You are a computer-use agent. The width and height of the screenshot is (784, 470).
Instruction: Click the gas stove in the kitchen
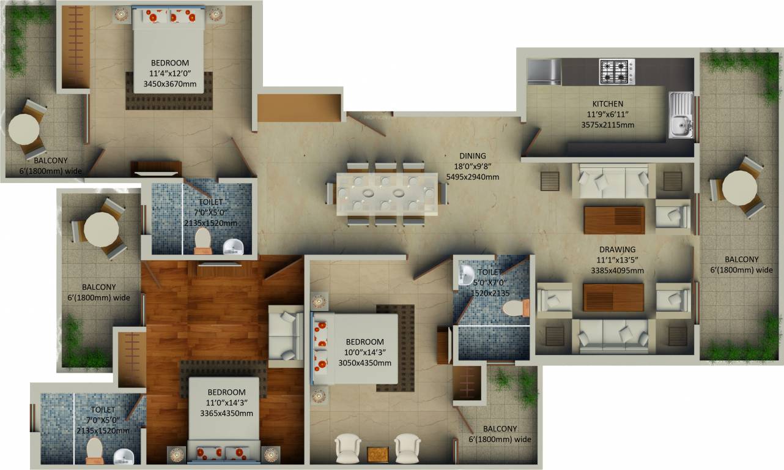click(616, 71)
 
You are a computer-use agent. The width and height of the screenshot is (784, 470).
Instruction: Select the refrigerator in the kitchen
click(544, 72)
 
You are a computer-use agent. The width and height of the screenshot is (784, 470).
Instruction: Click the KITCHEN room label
click(607, 104)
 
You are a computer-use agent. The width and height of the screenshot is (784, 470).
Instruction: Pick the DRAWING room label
click(617, 250)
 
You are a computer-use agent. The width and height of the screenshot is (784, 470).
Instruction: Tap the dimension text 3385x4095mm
click(617, 270)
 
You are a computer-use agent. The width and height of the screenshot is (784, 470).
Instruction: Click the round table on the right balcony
click(739, 187)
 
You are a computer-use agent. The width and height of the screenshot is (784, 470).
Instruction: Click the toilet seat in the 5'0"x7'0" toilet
click(515, 308)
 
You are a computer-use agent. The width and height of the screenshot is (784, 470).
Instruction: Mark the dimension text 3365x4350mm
click(226, 413)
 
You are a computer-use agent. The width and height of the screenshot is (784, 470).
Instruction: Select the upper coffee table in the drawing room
click(614, 220)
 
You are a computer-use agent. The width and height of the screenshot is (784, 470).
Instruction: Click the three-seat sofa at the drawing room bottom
click(613, 336)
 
